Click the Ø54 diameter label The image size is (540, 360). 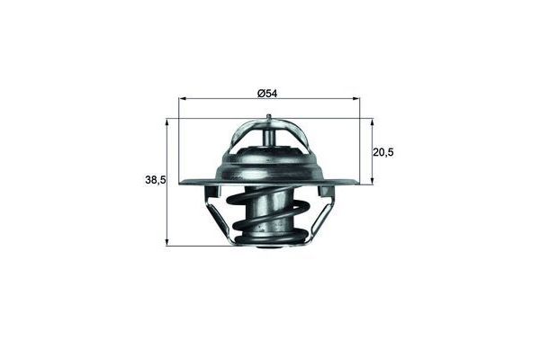(x=267, y=94)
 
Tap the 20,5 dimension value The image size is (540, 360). (x=383, y=152)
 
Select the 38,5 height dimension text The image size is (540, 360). (x=156, y=180)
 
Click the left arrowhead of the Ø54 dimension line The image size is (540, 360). (x=183, y=99)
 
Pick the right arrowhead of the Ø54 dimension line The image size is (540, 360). (x=356, y=99)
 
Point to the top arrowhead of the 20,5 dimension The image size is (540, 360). (x=373, y=122)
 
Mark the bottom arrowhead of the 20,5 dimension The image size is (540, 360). (x=373, y=181)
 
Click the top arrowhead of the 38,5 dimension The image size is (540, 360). (x=167, y=122)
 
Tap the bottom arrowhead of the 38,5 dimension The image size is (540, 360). (x=167, y=242)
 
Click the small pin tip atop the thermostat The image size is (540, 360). (x=268, y=117)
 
